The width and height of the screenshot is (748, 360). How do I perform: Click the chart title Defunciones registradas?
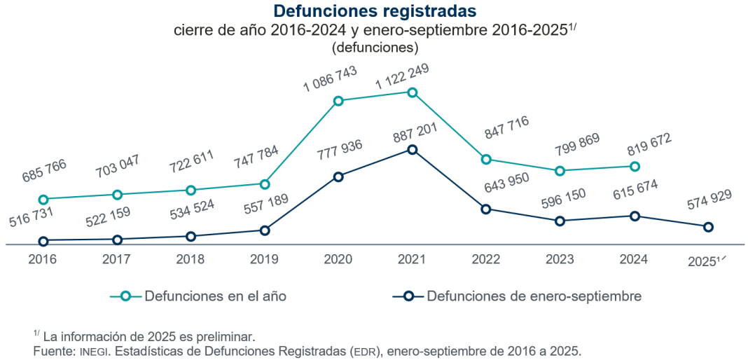[374, 11]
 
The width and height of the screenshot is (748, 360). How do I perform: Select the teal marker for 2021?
[413, 92]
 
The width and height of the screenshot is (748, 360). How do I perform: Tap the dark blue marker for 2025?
[708, 227]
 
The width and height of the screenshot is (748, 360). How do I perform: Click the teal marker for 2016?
[43, 200]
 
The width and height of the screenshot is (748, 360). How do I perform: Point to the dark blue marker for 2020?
[338, 177]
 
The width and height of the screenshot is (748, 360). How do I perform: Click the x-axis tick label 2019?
[264, 260]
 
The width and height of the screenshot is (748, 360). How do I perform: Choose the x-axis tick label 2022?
[486, 260]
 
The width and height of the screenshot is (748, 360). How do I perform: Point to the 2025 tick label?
[705, 261]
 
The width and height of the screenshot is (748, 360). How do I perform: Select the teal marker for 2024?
[635, 167]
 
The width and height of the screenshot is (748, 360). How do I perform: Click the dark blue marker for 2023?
[560, 221]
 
